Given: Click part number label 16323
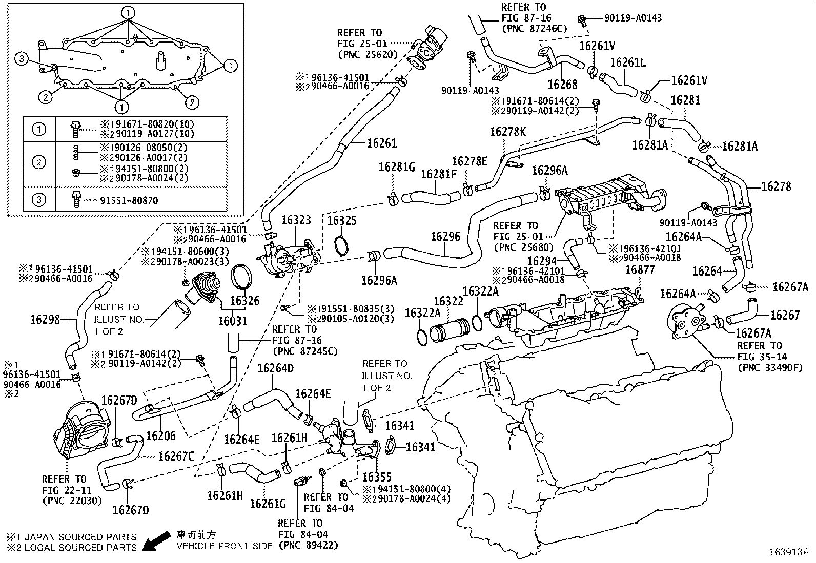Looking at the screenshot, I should pos(296,221).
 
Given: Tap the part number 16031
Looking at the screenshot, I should pos(232,321).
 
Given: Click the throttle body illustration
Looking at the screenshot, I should pos(83,429).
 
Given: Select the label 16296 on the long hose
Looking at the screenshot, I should pos(445,236).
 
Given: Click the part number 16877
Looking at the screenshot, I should pos(640,270).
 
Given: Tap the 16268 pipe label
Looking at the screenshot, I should pos(562,84).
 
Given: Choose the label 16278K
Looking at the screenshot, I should pos(507,132).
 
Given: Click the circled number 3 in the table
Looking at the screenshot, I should pos(39,200).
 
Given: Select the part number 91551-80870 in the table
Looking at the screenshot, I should pos(128,200).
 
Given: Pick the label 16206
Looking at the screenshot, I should pos(161,436).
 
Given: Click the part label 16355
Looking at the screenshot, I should pos(377,476).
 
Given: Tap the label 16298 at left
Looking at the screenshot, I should pos(45,320).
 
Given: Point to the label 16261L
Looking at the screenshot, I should pos(628,62).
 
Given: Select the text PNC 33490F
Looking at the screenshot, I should pos(770,367).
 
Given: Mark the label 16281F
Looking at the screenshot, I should pos(438,174).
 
